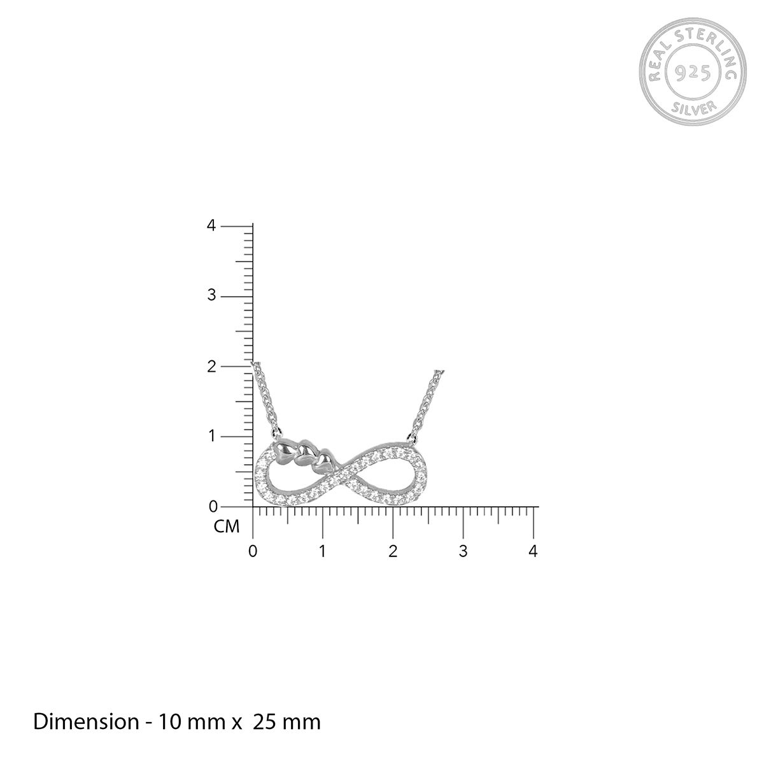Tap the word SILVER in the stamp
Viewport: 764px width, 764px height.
point(694,108)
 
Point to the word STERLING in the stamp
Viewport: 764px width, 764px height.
point(710,48)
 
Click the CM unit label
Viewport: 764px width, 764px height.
point(227,527)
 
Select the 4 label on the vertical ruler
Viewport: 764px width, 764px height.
point(211,226)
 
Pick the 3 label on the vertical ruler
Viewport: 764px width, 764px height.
point(211,296)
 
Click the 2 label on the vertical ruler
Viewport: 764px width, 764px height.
point(212,366)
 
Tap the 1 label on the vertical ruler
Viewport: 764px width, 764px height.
point(213,437)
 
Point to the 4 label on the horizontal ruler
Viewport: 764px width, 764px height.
point(534,551)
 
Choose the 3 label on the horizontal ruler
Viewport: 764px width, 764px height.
point(463,551)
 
